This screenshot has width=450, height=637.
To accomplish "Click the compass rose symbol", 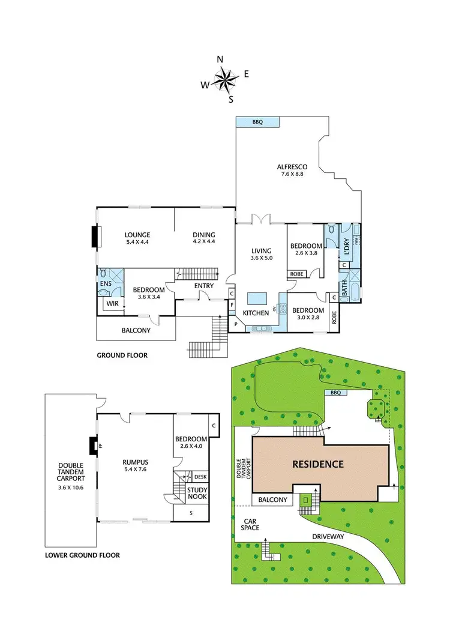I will click(x=226, y=78).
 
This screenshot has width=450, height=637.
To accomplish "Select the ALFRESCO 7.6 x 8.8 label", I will click(x=292, y=170).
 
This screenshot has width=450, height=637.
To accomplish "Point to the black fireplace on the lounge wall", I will click(x=94, y=237).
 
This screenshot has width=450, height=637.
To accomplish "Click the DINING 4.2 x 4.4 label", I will click(x=203, y=238).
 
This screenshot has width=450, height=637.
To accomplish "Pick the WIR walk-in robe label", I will click(x=112, y=304).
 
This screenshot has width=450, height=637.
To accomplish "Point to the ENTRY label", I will click(x=203, y=286).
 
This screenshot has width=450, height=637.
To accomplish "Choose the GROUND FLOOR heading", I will click(x=122, y=355).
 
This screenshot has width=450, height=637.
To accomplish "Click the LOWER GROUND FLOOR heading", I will click(x=82, y=555).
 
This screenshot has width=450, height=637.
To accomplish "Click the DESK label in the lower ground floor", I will click(x=201, y=477).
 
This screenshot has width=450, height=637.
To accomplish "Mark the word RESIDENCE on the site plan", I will click(x=318, y=463).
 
